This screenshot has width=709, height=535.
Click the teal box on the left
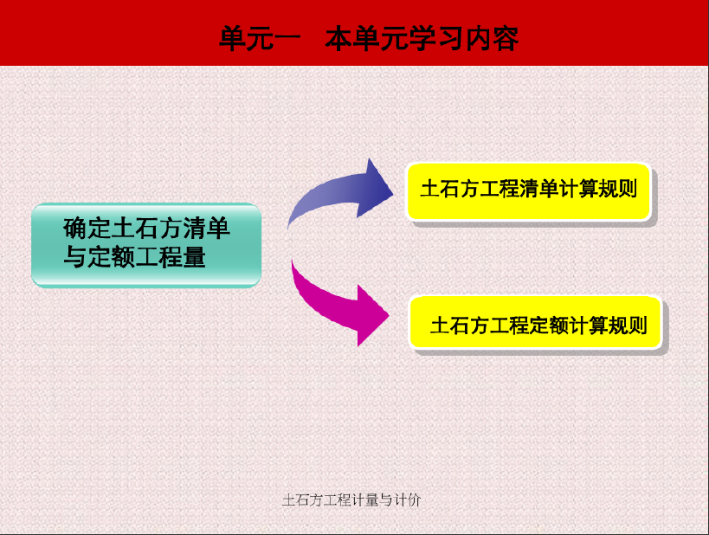(x=146, y=245)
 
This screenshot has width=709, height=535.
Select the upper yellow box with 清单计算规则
(x=529, y=191)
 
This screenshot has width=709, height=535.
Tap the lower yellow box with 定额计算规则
(x=535, y=323)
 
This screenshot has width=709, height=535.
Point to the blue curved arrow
(x=335, y=190)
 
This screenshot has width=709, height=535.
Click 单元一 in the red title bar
(x=260, y=38)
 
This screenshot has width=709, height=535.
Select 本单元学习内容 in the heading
(x=422, y=38)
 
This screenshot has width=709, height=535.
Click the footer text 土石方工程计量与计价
(x=351, y=500)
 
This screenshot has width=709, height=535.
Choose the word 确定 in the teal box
(x=87, y=228)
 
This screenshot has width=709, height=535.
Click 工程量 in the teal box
(x=171, y=257)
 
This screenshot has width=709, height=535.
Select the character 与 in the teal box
(x=74, y=257)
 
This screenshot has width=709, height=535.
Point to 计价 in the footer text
(x=408, y=500)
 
